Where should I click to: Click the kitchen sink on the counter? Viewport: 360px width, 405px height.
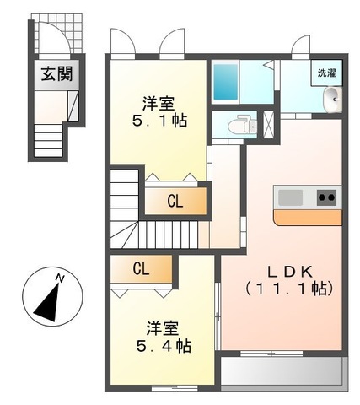click(290, 197)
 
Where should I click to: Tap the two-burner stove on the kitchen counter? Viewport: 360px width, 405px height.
click(326, 197)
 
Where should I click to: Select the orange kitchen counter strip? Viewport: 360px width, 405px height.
click(308, 217)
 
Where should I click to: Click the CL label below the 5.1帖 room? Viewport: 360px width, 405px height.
click(175, 201)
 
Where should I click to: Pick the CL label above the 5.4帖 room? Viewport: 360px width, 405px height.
click(142, 269)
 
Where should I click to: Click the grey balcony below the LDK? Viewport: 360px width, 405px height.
click(282, 370)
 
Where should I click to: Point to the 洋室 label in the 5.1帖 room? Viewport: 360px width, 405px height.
click(159, 103)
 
